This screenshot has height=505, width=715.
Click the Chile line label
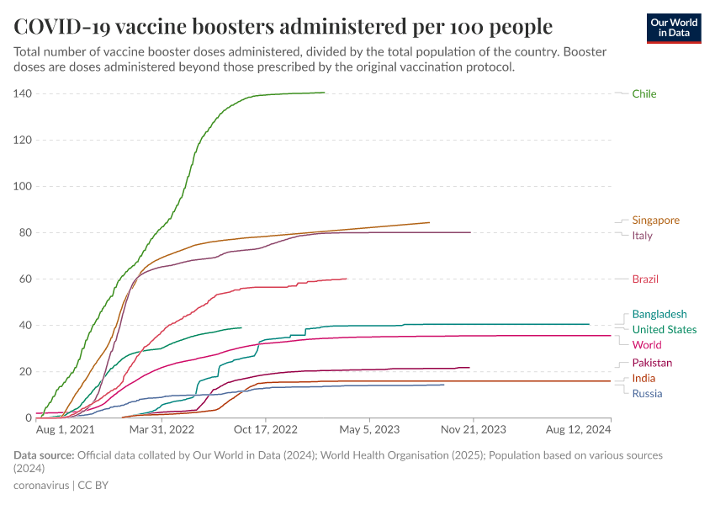[644, 94]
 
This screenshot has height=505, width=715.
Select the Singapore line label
[655, 221]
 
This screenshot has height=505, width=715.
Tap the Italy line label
[642, 236]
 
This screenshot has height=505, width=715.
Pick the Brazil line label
[645, 279]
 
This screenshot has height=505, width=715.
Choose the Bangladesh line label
[659, 314]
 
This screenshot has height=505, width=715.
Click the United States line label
[664, 330]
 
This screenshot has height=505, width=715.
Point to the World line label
[646, 345]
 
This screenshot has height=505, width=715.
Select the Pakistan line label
[652, 363]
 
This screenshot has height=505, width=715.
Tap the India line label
[643, 379]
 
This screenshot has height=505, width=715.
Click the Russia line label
[647, 394]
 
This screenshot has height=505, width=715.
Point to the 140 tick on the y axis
[22, 93]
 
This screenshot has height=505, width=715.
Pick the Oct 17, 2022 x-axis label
[266, 429]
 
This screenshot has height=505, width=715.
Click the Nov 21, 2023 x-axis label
[473, 429]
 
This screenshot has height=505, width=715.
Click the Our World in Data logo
[674, 28]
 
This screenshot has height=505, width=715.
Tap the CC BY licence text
[93, 486]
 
